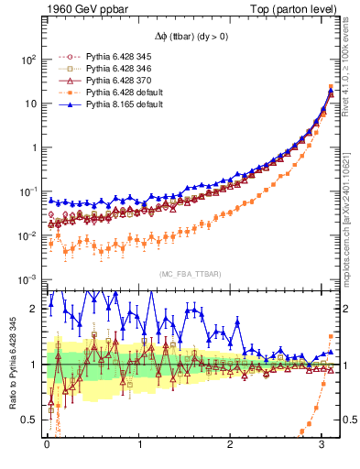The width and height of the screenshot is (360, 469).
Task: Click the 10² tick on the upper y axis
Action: pyautogui.click(x=27, y=60)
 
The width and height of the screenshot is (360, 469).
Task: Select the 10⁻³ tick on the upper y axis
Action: pyautogui.click(x=27, y=279)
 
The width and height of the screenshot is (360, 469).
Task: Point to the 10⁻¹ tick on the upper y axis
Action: pyautogui.click(x=27, y=191)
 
